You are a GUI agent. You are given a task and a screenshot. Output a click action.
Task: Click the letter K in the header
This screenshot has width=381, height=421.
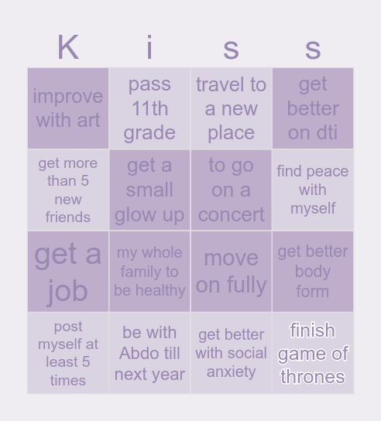click(x=68, y=48)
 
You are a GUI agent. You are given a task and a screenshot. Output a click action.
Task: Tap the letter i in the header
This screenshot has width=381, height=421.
click(x=149, y=48)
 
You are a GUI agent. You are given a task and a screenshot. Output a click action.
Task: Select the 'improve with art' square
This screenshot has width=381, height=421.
click(x=68, y=108)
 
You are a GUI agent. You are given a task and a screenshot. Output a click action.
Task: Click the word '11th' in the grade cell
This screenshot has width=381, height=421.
click(x=149, y=108)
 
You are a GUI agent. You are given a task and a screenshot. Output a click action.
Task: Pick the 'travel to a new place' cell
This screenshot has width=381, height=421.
click(x=231, y=108)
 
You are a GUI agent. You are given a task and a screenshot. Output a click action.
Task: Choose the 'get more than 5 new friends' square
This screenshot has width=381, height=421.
click(x=68, y=190)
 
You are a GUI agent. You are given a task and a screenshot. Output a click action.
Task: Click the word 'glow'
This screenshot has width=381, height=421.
click(x=133, y=214)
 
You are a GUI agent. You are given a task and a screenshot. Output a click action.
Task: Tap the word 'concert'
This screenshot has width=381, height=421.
click(x=231, y=214)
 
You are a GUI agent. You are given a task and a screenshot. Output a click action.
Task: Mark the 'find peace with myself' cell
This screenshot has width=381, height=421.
click(x=313, y=190)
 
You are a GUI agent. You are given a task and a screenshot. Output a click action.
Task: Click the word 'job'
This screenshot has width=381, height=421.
click(x=68, y=291)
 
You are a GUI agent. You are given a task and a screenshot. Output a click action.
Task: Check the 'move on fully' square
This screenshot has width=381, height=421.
click(x=231, y=272)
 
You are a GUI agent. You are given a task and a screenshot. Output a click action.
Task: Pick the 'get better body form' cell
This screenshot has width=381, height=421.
click(x=313, y=272)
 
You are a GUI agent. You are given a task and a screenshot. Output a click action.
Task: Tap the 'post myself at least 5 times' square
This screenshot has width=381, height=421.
click(x=68, y=353)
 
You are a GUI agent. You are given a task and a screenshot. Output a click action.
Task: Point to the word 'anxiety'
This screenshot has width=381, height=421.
click(x=231, y=371)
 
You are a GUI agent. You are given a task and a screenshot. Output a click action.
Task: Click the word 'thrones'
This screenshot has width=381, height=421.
click(x=313, y=377)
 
